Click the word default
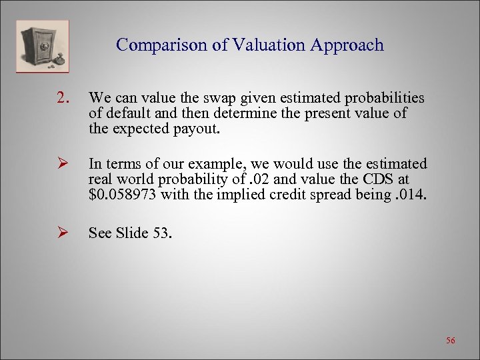[x=127, y=113]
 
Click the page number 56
[x=450, y=341]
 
